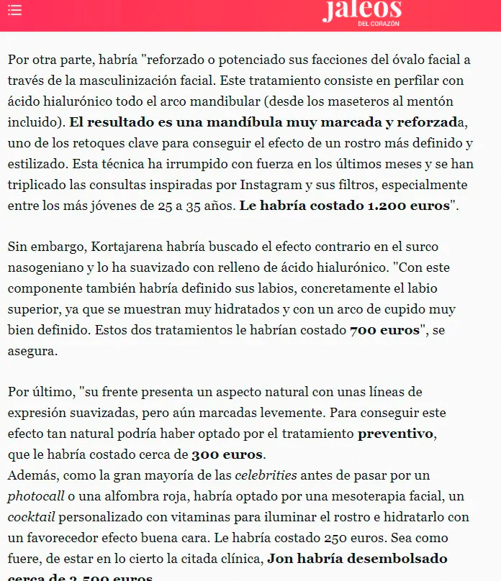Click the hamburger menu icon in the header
tap(14, 10)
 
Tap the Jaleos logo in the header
tap(361, 12)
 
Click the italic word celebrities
tap(265, 476)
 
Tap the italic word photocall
tap(35, 497)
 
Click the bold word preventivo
tap(396, 434)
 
